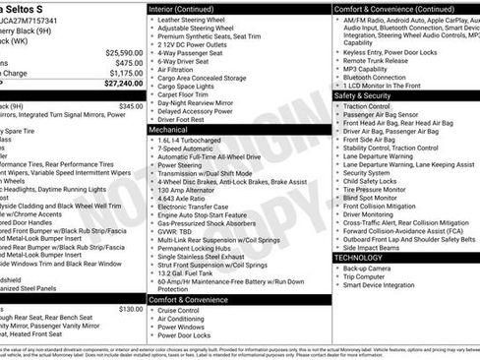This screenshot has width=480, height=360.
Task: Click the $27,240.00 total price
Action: pos(119,85)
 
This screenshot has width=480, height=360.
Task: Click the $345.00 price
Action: pos(130,105)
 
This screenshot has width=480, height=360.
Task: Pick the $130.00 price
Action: pos(130,308)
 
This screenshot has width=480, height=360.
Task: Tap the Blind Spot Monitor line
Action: pos(374,198)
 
